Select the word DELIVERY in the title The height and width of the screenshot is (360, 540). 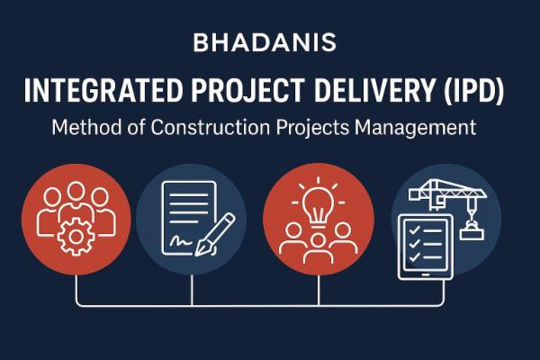pos(393,92)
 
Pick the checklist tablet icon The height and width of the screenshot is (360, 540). pos(422,246)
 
